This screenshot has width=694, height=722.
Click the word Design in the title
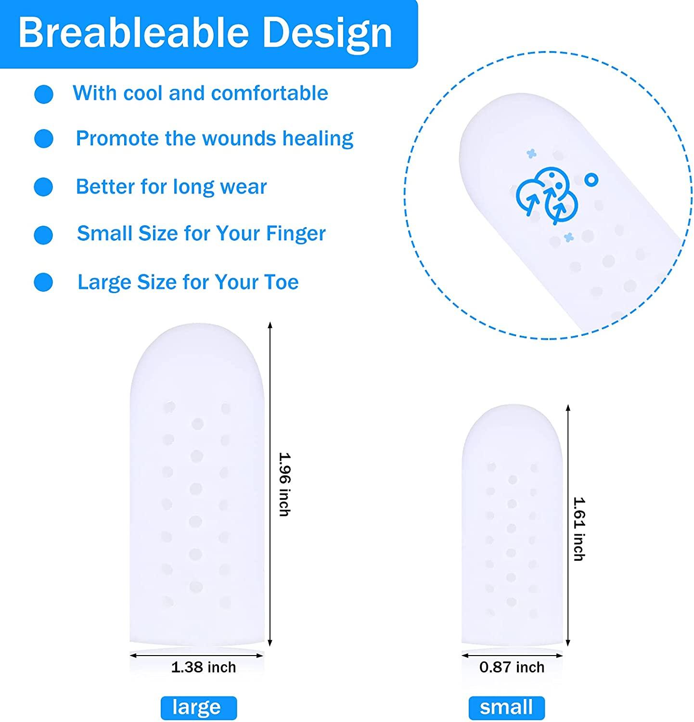(x=327, y=33)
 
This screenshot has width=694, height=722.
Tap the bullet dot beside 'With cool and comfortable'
(x=44, y=94)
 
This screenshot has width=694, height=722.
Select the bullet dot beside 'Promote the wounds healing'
(x=44, y=139)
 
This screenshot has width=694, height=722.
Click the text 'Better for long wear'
(x=171, y=187)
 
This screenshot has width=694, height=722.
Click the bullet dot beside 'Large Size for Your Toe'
(x=44, y=282)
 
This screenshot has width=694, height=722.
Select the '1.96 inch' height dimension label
(x=285, y=484)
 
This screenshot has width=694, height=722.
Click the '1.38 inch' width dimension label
(x=204, y=667)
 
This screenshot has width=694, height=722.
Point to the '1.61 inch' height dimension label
(x=579, y=529)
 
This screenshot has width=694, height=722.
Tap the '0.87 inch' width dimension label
(x=512, y=667)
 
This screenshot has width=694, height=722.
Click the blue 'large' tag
(x=198, y=708)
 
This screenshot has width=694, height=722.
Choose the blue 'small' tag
(x=506, y=708)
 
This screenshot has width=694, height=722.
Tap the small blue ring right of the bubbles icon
(x=591, y=180)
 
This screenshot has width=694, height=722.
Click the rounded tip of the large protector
(x=197, y=342)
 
